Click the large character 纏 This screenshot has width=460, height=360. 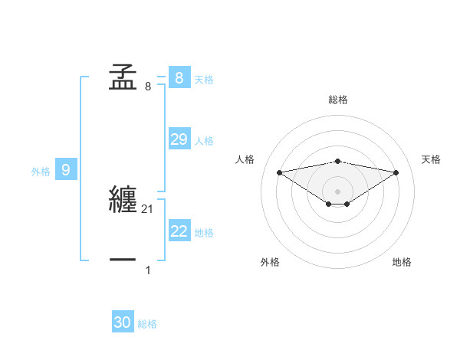[123, 199]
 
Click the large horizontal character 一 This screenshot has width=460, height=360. [123, 260]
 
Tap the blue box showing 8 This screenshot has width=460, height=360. [179, 77]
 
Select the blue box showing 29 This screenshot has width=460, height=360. [179, 139]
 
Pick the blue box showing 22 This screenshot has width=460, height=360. [179, 231]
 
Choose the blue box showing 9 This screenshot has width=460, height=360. [66, 170]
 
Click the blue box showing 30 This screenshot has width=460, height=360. [123, 323]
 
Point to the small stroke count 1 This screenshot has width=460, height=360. [148, 270]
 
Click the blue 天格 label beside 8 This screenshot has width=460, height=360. [204, 79]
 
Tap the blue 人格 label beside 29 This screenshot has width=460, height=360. [204, 141]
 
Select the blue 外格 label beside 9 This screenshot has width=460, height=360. [41, 172]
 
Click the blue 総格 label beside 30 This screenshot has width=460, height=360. [147, 325]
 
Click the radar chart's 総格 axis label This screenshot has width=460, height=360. [337, 100]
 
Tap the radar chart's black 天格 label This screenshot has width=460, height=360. [431, 159]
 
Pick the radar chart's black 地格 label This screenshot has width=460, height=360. [402, 262]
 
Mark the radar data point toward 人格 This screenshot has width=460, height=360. [279, 172]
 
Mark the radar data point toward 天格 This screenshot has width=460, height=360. [396, 172]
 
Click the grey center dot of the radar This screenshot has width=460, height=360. [337, 191]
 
